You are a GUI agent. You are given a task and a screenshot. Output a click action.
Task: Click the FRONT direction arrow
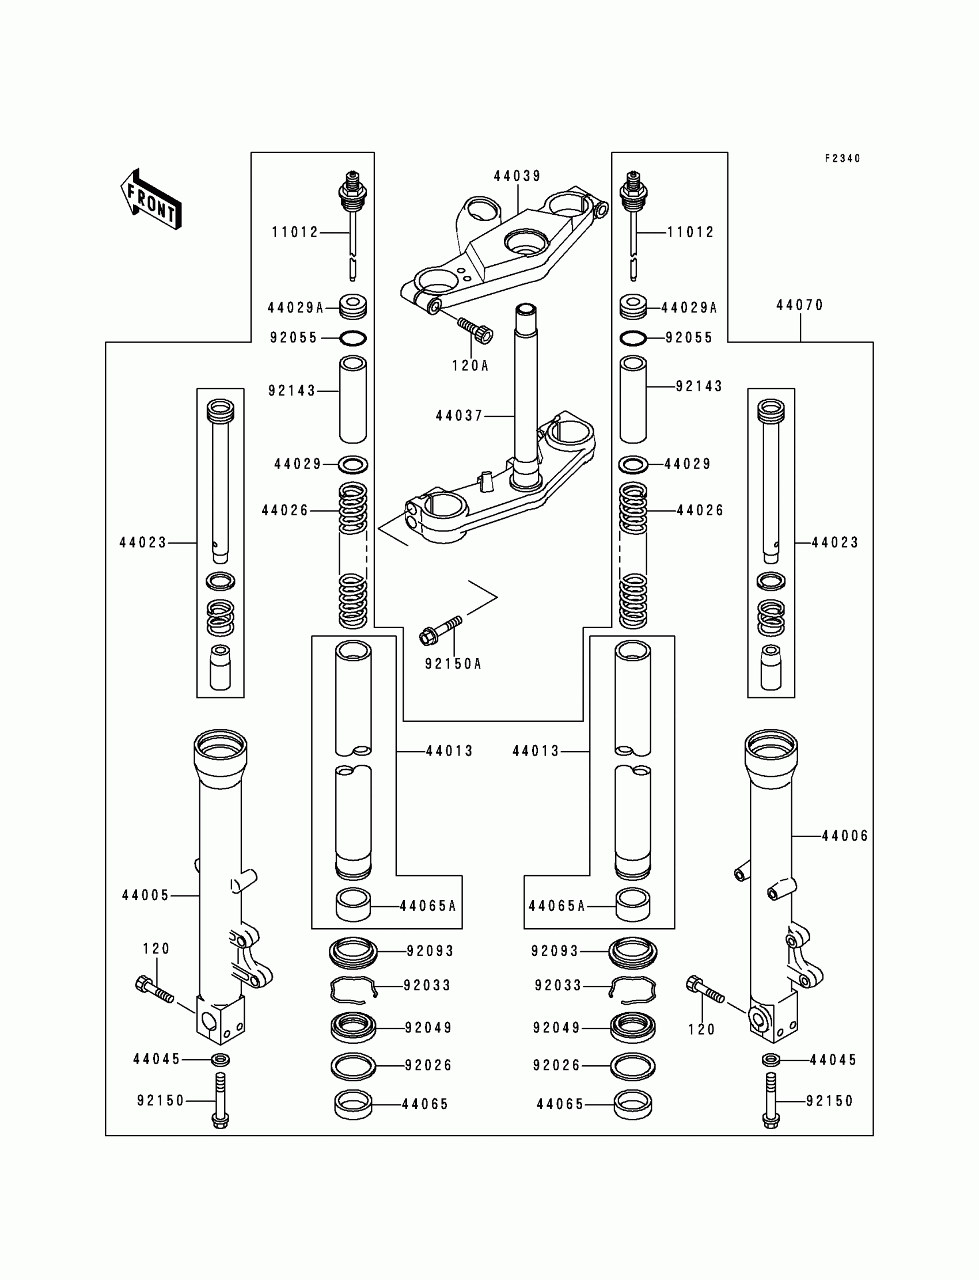151,199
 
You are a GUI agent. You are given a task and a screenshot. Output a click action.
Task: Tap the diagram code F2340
842,158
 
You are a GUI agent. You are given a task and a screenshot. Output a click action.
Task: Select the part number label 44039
518,176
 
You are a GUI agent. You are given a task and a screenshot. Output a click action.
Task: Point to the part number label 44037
459,416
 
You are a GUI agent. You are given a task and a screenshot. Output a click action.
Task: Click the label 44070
799,305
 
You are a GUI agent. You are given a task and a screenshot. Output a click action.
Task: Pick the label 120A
470,366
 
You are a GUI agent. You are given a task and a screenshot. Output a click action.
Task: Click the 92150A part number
453,664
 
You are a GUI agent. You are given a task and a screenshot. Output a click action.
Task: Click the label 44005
146,895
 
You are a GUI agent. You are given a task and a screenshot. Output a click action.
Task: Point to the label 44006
845,836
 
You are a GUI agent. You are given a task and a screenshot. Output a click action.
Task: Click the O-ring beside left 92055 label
352,338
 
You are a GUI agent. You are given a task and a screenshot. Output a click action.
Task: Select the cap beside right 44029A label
633,307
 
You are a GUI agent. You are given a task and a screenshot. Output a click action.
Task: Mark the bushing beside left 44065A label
353,905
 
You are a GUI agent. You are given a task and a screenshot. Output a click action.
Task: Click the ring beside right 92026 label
632,1066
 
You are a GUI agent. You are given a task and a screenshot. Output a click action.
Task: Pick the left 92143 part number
291,391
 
